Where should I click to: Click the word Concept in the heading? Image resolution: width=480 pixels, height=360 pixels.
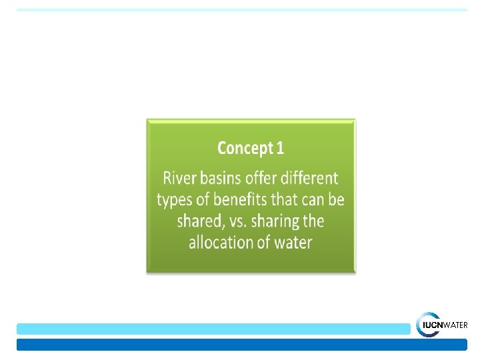(x=245, y=149)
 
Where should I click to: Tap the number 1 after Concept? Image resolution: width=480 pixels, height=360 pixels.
(x=280, y=147)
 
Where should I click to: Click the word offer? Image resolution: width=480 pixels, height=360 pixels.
(x=261, y=177)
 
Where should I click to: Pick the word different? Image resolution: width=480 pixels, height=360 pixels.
(x=309, y=177)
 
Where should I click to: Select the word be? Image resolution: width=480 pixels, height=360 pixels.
(x=337, y=199)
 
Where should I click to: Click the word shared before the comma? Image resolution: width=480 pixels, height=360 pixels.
(x=199, y=221)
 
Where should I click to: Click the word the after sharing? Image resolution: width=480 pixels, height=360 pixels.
(x=313, y=221)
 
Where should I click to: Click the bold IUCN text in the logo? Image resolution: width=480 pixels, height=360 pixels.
(x=433, y=325)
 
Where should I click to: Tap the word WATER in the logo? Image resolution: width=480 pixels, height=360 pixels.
(x=455, y=325)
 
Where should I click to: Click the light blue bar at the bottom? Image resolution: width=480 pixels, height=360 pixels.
(x=213, y=329)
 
